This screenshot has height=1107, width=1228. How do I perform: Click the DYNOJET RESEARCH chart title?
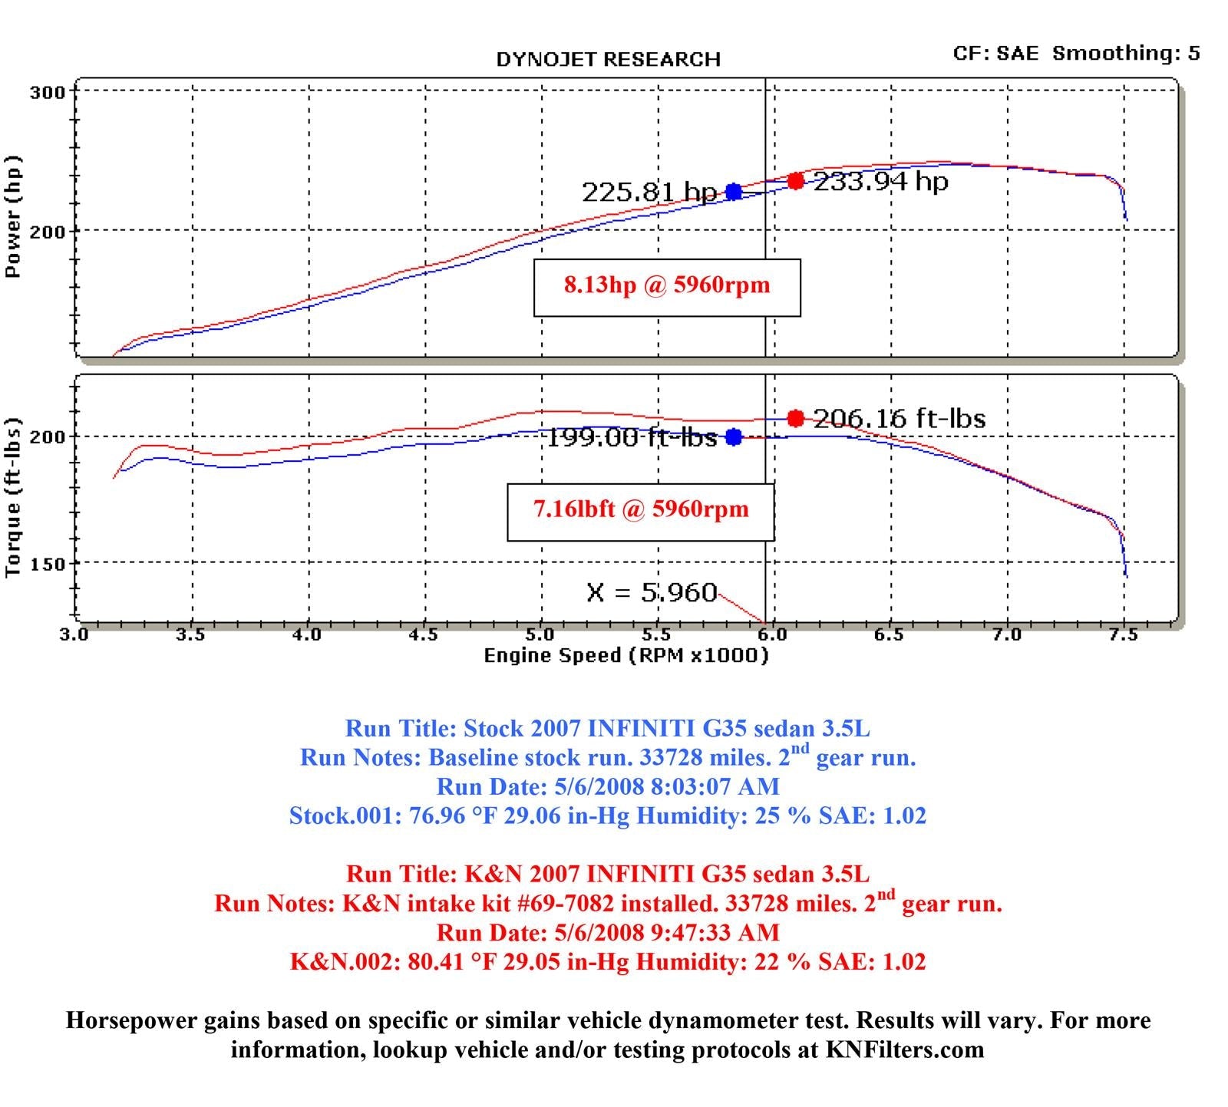608,60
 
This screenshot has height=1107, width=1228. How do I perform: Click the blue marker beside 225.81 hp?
734,192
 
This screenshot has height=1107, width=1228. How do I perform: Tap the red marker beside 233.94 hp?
796,181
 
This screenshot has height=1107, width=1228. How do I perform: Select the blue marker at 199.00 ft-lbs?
734,437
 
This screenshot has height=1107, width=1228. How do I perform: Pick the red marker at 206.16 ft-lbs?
796,418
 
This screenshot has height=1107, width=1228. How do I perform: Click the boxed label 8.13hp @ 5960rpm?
667,286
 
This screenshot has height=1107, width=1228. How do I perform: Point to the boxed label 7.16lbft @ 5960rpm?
641,510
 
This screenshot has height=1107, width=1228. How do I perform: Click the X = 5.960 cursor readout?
652,592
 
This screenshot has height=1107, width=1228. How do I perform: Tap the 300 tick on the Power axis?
47,93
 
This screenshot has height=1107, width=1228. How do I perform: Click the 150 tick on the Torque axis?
47,565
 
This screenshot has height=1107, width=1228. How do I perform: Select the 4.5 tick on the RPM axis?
424,635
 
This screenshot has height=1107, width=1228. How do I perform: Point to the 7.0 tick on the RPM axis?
1007,635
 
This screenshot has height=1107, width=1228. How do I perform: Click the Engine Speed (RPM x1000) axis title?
626,656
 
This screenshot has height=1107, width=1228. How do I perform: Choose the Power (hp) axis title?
13,217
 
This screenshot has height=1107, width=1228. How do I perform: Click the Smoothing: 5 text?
1126,53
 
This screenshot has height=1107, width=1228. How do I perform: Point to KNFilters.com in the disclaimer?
905,1049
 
